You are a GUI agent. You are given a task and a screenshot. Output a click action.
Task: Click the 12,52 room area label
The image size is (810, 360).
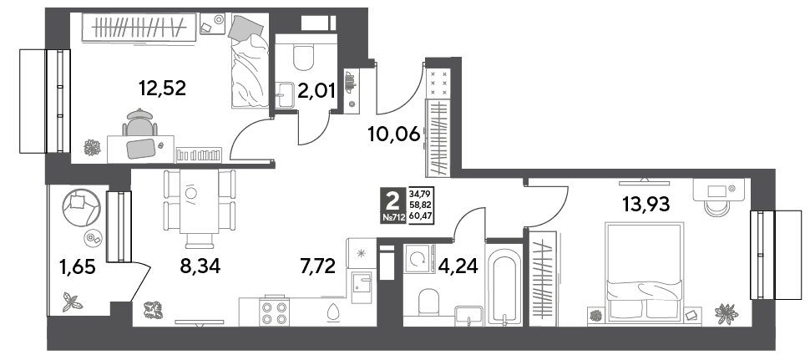pos(162,89)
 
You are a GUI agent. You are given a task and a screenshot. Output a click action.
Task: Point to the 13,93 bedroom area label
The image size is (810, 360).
pos(645,205)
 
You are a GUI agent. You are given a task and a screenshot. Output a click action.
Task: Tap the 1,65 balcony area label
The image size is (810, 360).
pos(77,269)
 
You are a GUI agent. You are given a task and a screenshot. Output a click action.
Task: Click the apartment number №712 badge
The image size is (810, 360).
pos(393,218)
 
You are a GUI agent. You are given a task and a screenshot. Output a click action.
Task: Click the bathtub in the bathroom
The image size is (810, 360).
pos(505,286)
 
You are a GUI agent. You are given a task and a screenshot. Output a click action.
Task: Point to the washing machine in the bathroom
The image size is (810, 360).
pos(419,258)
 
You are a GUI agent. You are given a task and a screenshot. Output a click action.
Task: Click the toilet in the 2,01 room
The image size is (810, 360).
pos(303,58)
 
